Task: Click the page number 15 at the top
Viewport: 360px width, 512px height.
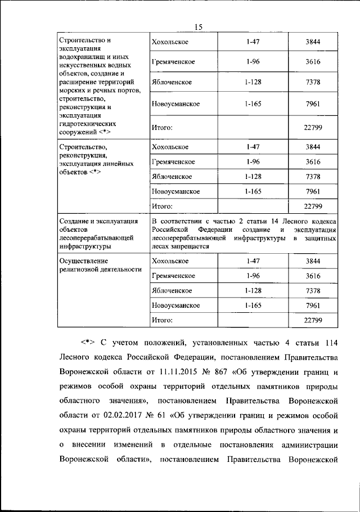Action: (x=198, y=26)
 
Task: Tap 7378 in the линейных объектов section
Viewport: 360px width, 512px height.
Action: (x=313, y=177)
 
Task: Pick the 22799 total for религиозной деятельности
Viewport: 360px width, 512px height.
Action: (x=313, y=320)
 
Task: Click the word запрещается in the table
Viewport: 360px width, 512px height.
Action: (x=191, y=246)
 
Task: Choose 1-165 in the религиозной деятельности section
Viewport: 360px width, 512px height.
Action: (x=251, y=306)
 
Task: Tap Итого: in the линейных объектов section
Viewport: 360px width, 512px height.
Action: (x=161, y=206)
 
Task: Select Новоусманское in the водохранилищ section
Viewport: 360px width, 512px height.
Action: (x=176, y=104)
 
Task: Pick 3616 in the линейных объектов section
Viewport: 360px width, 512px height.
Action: (x=313, y=162)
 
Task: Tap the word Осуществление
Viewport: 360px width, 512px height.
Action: (x=83, y=261)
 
